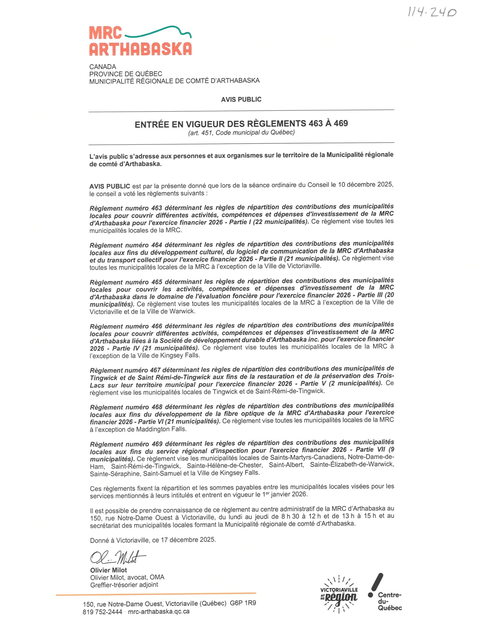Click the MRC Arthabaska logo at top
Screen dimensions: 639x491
pyautogui.click(x=140, y=41)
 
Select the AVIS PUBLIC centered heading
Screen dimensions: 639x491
pyautogui.click(x=241, y=100)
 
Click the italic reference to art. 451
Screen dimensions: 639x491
pyautogui.click(x=241, y=133)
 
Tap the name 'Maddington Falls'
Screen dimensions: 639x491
pyautogui.click(x=161, y=429)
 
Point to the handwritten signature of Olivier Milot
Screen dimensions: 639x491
pyautogui.click(x=117, y=558)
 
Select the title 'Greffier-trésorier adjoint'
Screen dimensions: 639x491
pyautogui.click(x=124, y=585)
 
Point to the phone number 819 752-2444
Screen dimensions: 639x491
pyautogui.click(x=102, y=612)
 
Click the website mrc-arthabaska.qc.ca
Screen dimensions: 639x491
pyautogui.click(x=159, y=612)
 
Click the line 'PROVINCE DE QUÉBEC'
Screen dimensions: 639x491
pyautogui.click(x=126, y=74)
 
